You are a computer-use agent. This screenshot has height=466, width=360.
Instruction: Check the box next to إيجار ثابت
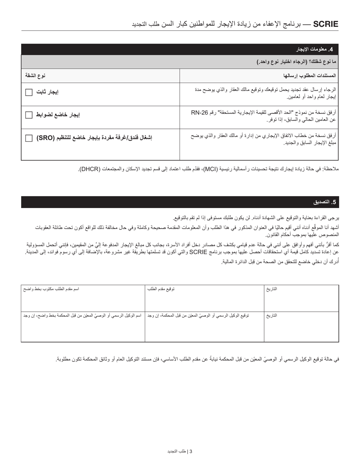click(x=29, y=92)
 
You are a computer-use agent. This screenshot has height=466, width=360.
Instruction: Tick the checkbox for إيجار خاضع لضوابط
click(x=29, y=115)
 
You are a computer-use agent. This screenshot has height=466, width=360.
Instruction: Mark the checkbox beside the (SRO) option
click(x=29, y=138)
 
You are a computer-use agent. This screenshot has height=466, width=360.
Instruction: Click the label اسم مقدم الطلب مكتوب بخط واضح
click(x=51, y=289)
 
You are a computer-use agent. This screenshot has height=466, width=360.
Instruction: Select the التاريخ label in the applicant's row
click(x=271, y=289)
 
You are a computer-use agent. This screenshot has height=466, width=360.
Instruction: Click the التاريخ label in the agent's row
click(x=271, y=315)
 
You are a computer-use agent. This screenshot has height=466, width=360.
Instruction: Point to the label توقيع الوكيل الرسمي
click(x=198, y=315)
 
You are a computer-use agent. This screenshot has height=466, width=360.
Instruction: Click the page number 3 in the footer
click(x=191, y=451)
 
